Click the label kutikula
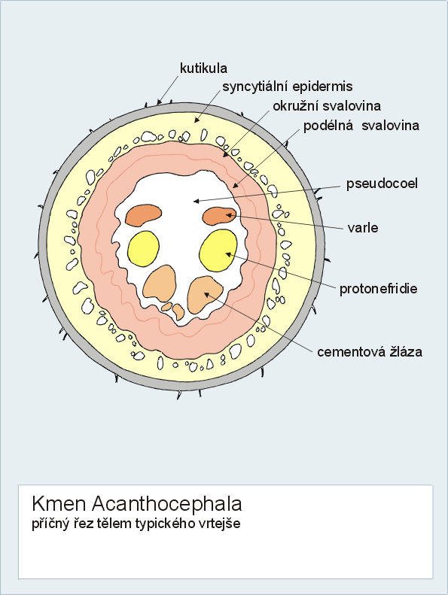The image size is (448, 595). (203, 68)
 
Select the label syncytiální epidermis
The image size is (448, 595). (288, 87)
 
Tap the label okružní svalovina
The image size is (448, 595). (327, 106)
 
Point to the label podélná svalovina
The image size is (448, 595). (361, 126)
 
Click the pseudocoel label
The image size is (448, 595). (382, 184)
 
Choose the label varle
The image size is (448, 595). (363, 228)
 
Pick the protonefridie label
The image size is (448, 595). (379, 289)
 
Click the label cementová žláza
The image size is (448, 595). (370, 352)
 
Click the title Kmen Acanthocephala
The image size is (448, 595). (137, 504)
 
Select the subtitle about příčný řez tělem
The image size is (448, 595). (136, 524)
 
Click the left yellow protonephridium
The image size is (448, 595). (143, 247)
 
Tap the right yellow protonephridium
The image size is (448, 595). (218, 250)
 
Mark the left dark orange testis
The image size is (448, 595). (144, 215)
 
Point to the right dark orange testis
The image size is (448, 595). (219, 216)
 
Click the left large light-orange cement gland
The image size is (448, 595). (160, 284)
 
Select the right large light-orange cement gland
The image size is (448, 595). (205, 295)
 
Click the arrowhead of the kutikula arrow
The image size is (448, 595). (160, 102)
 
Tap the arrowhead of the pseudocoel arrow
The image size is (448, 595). (197, 201)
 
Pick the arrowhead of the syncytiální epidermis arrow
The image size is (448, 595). (197, 120)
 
